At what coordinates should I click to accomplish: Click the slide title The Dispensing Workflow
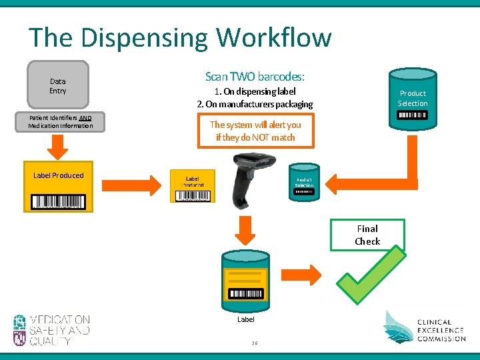point(180,37)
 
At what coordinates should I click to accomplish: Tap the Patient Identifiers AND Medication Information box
point(61,122)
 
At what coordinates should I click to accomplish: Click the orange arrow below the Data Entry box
point(57,145)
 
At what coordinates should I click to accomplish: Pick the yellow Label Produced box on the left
point(59,187)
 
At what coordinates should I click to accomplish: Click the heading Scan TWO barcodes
point(255,77)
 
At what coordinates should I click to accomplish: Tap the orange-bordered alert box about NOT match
point(255,131)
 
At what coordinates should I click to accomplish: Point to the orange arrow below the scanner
point(247,229)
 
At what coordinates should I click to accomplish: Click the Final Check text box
point(367,235)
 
